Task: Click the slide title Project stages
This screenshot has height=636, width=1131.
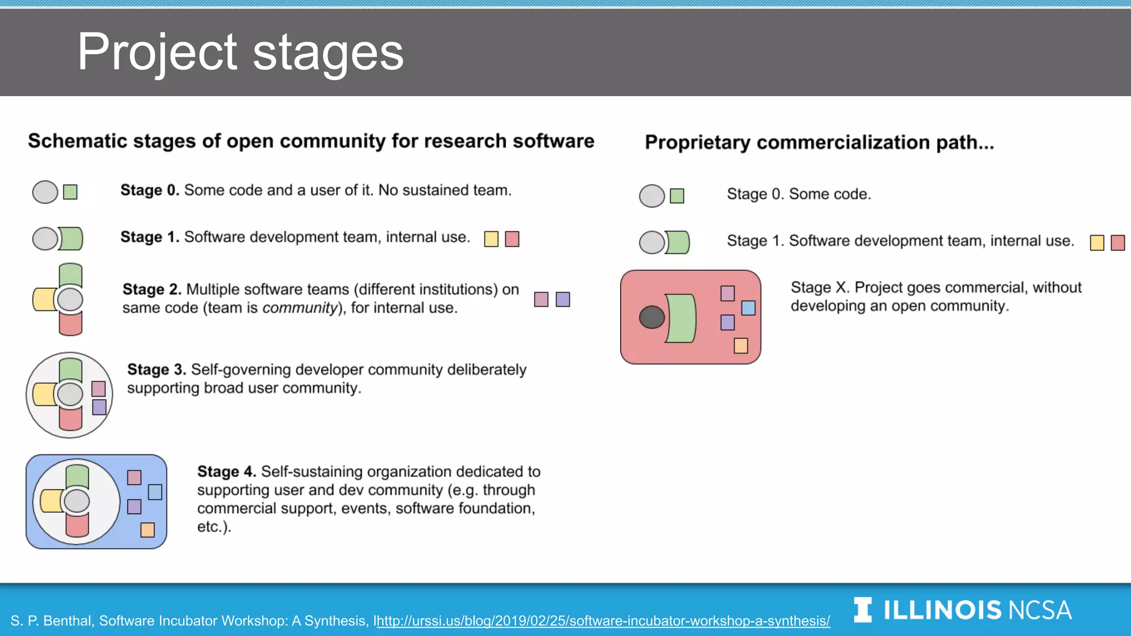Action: coord(240,52)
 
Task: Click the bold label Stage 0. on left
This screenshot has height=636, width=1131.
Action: coord(150,190)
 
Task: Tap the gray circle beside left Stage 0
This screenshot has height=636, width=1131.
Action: coord(45,192)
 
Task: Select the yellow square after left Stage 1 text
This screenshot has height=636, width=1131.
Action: coord(491,239)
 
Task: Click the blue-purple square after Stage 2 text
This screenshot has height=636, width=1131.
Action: coord(563,299)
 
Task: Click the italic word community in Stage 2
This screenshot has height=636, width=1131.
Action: coord(299,308)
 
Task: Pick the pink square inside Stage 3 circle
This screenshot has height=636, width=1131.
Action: coord(99,389)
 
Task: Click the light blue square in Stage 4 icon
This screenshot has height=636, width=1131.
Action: coord(155,492)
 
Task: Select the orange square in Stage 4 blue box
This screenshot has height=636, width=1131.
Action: coord(147,530)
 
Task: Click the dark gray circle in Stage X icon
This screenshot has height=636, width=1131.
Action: coord(652,317)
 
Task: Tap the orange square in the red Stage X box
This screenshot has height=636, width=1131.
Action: coord(741,346)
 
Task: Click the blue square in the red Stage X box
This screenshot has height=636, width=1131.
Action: coord(748,308)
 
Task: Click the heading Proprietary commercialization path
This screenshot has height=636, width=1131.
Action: coord(819,142)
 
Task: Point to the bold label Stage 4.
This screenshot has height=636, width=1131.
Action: coord(226,472)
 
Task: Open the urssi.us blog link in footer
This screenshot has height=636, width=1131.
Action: coord(603,621)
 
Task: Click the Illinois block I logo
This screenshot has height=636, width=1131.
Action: coord(863,610)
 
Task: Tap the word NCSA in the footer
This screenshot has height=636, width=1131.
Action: coord(1040,611)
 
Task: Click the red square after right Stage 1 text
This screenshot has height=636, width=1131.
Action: coord(1118,243)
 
